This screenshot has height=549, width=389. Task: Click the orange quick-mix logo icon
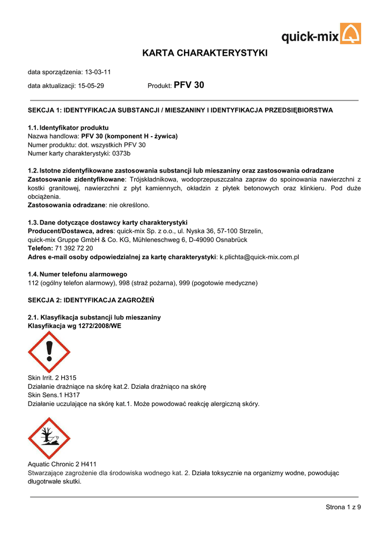pyautogui.click(x=351, y=34)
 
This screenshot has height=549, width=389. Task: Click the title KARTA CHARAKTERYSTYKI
pyautogui.click(x=204, y=53)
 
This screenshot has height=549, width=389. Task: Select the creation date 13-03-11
pyautogui.click(x=98, y=72)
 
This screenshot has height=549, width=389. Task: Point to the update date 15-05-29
pyautogui.click(x=91, y=86)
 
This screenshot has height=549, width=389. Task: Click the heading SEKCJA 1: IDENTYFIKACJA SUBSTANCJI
pyautogui.click(x=180, y=110)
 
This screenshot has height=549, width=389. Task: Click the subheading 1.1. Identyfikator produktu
pyautogui.click(x=68, y=128)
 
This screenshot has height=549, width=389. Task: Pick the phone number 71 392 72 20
pyautogui.click(x=74, y=248)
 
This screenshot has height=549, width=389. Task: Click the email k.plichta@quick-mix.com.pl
pyautogui.click(x=259, y=257)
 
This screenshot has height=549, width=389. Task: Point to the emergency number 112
pyautogui.click(x=33, y=283)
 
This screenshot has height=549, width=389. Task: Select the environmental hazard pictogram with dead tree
pyautogui.click(x=49, y=438)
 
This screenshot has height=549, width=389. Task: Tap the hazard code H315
pyautogui.click(x=69, y=378)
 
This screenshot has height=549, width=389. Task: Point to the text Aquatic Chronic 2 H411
pyautogui.click(x=62, y=464)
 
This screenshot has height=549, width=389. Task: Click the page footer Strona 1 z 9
pyautogui.click(x=343, y=507)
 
